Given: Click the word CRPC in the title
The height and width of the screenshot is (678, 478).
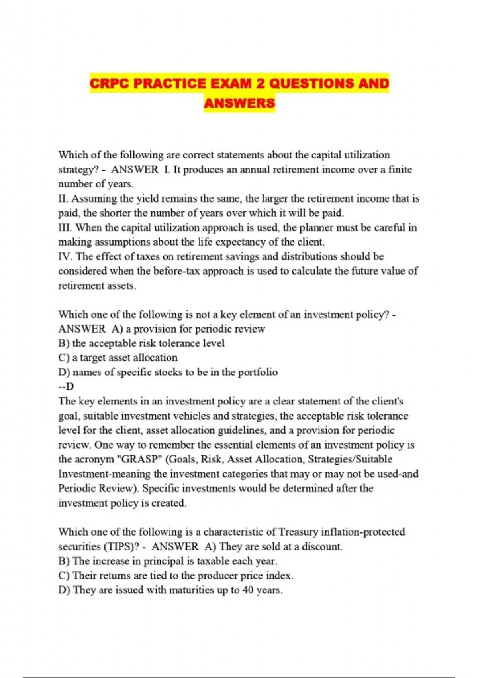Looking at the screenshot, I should (x=108, y=84).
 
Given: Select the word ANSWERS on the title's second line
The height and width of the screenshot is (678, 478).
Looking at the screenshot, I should (x=239, y=103).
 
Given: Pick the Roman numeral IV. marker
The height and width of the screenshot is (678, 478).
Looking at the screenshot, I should (x=65, y=257).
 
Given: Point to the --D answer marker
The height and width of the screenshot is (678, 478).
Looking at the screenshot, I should (x=66, y=387).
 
